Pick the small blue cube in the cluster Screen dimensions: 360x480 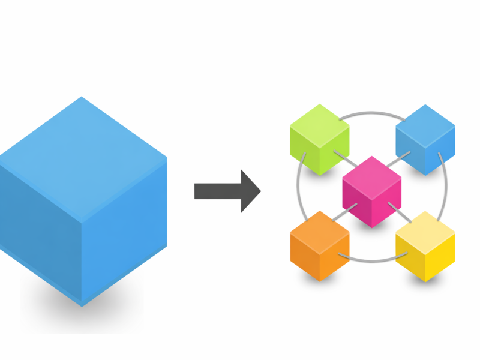(425, 140)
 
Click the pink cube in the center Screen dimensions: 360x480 (372, 192)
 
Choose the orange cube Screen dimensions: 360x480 (320, 246)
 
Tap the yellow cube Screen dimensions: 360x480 (425, 246)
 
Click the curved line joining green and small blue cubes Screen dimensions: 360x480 (373, 112)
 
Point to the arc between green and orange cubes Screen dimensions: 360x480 (298, 192)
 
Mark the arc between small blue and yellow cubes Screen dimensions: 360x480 (446, 192)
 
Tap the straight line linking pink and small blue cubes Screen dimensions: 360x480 (398, 160)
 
